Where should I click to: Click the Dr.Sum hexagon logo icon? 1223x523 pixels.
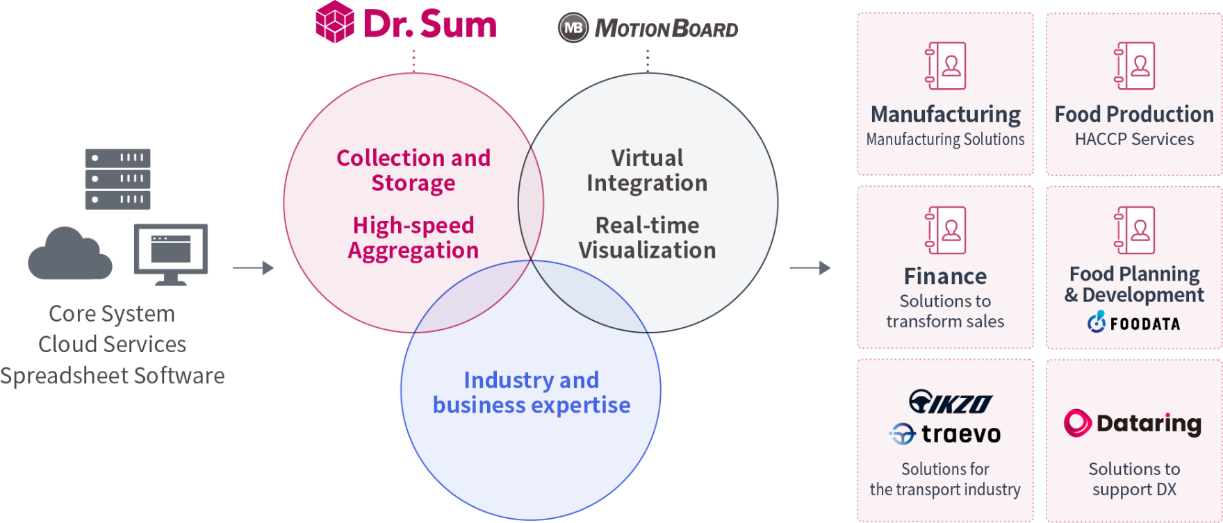[335, 22]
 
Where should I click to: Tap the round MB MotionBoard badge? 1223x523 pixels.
[573, 28]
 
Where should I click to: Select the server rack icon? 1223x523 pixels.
[117, 179]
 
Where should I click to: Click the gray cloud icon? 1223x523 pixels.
[69, 255]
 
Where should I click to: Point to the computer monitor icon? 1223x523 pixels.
[171, 253]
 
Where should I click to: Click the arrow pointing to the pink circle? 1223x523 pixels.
[253, 267]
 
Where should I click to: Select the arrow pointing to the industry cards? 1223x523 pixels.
[810, 267]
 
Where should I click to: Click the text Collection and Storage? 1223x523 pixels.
[413, 170]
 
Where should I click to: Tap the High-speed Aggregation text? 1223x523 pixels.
[413, 238]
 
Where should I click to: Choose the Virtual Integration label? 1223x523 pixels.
[647, 170]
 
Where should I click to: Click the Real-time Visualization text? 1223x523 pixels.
[647, 238]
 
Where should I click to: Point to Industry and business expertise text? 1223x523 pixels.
[532, 392]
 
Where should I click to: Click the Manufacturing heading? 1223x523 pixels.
[945, 114]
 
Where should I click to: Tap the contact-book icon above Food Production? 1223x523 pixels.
[1134, 66]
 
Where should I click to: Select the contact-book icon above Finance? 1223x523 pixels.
[945, 230]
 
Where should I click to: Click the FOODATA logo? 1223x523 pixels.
[1134, 322]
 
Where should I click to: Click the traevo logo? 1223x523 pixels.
[945, 434]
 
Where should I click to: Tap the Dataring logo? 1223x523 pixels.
[1133, 423]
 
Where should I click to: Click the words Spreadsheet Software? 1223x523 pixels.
[113, 376]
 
